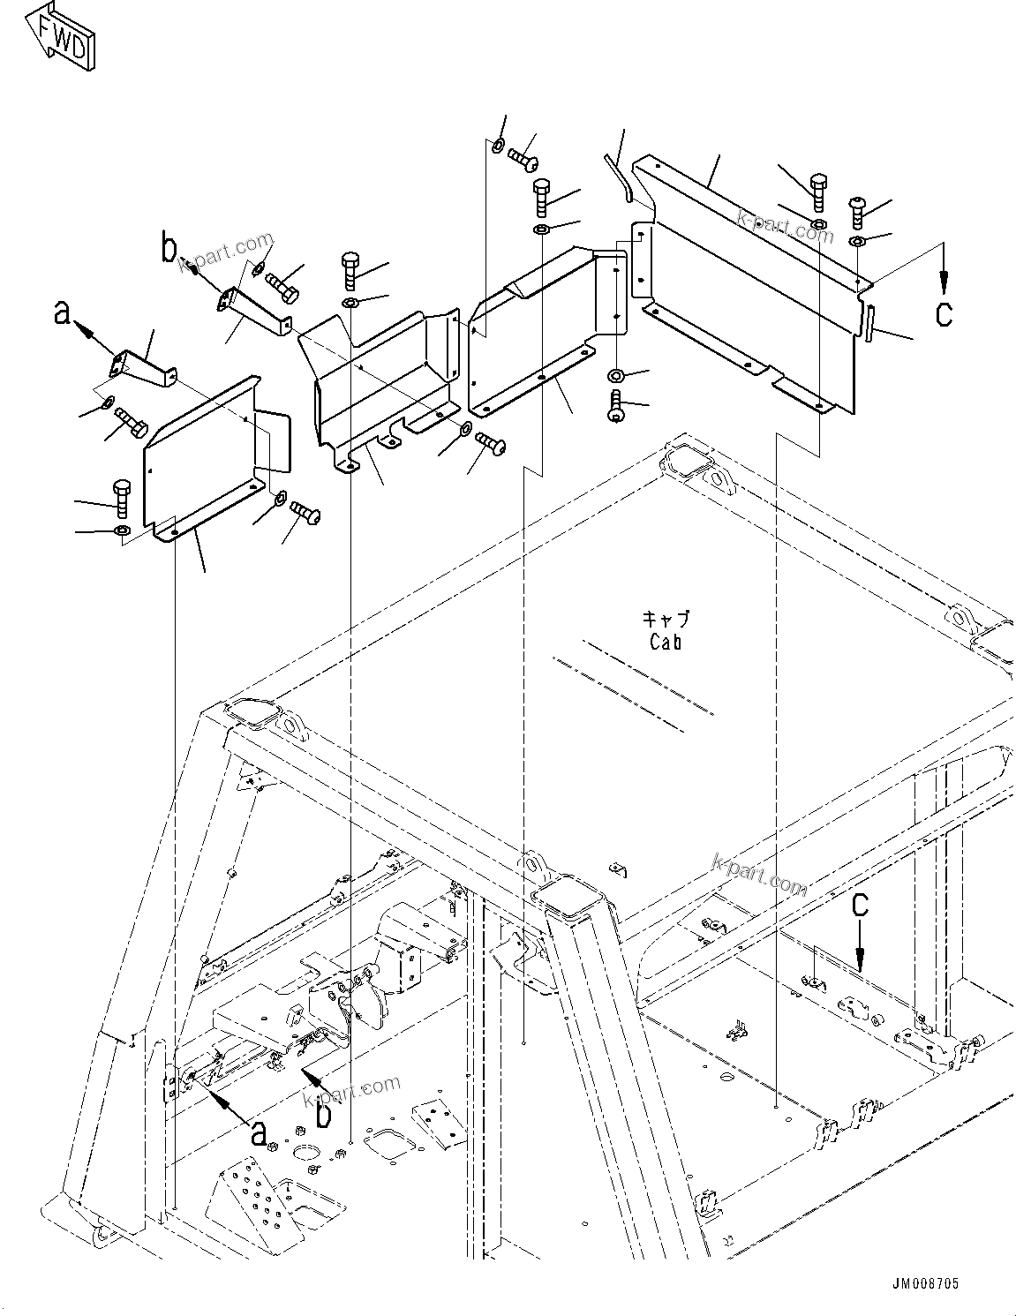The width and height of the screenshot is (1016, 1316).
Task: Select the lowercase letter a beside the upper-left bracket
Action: click(62, 312)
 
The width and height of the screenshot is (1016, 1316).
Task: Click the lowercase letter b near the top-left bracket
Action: click(169, 249)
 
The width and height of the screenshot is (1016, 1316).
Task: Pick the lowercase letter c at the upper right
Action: click(944, 314)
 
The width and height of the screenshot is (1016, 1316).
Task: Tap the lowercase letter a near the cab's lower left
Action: click(259, 1132)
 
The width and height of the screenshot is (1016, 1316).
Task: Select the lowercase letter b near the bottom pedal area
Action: click(324, 1114)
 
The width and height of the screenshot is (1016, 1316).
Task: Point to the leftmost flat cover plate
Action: click(203, 459)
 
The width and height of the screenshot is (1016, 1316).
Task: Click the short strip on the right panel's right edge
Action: click(869, 322)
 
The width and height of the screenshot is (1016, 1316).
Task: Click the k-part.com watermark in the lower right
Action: click(760, 874)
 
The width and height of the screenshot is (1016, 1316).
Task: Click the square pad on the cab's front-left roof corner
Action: click(255, 715)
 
